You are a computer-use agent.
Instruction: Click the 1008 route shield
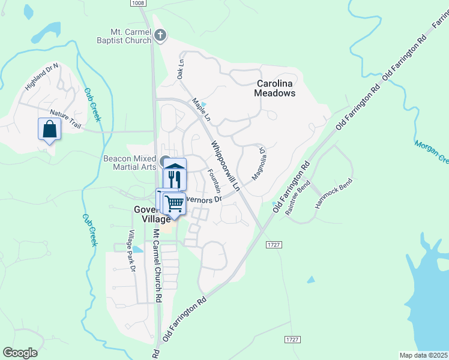pos(139,4)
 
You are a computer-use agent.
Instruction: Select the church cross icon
pos(160,35)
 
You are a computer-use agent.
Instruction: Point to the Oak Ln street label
pos(179,69)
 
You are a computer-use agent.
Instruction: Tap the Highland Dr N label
pos(41,77)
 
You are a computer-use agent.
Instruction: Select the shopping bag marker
pos(49,128)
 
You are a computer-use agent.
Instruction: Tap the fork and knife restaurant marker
pos(175,178)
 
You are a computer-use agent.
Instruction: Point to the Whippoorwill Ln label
pos(225,166)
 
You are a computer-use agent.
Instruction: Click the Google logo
pos(20,353)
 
